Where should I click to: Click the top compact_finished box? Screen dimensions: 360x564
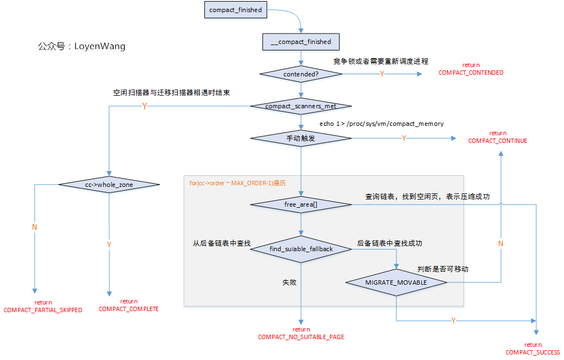coord(235,10)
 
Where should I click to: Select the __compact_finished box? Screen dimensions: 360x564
coord(301,42)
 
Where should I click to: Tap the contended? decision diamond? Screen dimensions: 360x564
coord(301,74)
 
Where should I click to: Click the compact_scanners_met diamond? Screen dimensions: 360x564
coord(301,106)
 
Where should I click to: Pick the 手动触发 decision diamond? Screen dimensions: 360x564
coord(301,138)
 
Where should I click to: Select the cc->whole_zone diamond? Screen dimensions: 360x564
coord(109,185)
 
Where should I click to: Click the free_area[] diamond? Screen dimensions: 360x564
coord(301,204)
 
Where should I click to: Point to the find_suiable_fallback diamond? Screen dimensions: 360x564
coord(301,249)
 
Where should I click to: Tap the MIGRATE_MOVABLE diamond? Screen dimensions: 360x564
coord(396,282)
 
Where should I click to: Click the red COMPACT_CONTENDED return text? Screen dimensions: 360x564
coord(471,69)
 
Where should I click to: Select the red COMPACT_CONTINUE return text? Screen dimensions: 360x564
coord(498,137)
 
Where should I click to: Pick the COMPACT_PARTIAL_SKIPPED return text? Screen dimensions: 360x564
coord(43,307)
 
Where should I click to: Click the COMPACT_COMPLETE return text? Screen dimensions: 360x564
coord(129,306)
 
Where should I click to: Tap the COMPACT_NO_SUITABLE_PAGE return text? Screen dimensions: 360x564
coord(301,334)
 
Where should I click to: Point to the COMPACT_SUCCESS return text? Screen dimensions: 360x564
coord(533,349)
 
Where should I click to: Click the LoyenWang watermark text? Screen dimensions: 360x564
coord(82,46)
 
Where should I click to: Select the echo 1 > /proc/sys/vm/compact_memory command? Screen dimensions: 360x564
coord(381,124)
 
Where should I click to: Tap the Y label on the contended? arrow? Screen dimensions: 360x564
coord(382,74)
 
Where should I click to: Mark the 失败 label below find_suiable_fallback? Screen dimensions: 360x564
coord(289,282)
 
